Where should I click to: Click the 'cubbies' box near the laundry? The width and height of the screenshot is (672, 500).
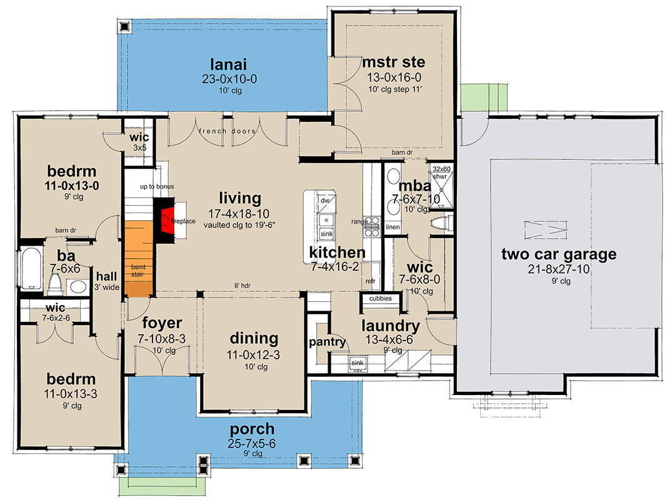click(x=381, y=299)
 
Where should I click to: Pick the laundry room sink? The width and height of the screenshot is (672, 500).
click(x=358, y=362)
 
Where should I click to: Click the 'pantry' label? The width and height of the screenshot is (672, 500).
click(x=328, y=342)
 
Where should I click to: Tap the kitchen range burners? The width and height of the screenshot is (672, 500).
click(x=373, y=226)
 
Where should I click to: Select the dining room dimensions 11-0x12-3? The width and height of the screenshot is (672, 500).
click(x=253, y=355)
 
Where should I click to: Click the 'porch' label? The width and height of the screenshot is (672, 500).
click(x=251, y=429)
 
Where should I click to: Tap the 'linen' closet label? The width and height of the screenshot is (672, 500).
click(x=393, y=227)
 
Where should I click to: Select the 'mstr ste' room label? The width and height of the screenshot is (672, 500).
click(x=394, y=62)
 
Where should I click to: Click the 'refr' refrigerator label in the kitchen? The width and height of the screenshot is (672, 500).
click(x=371, y=281)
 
